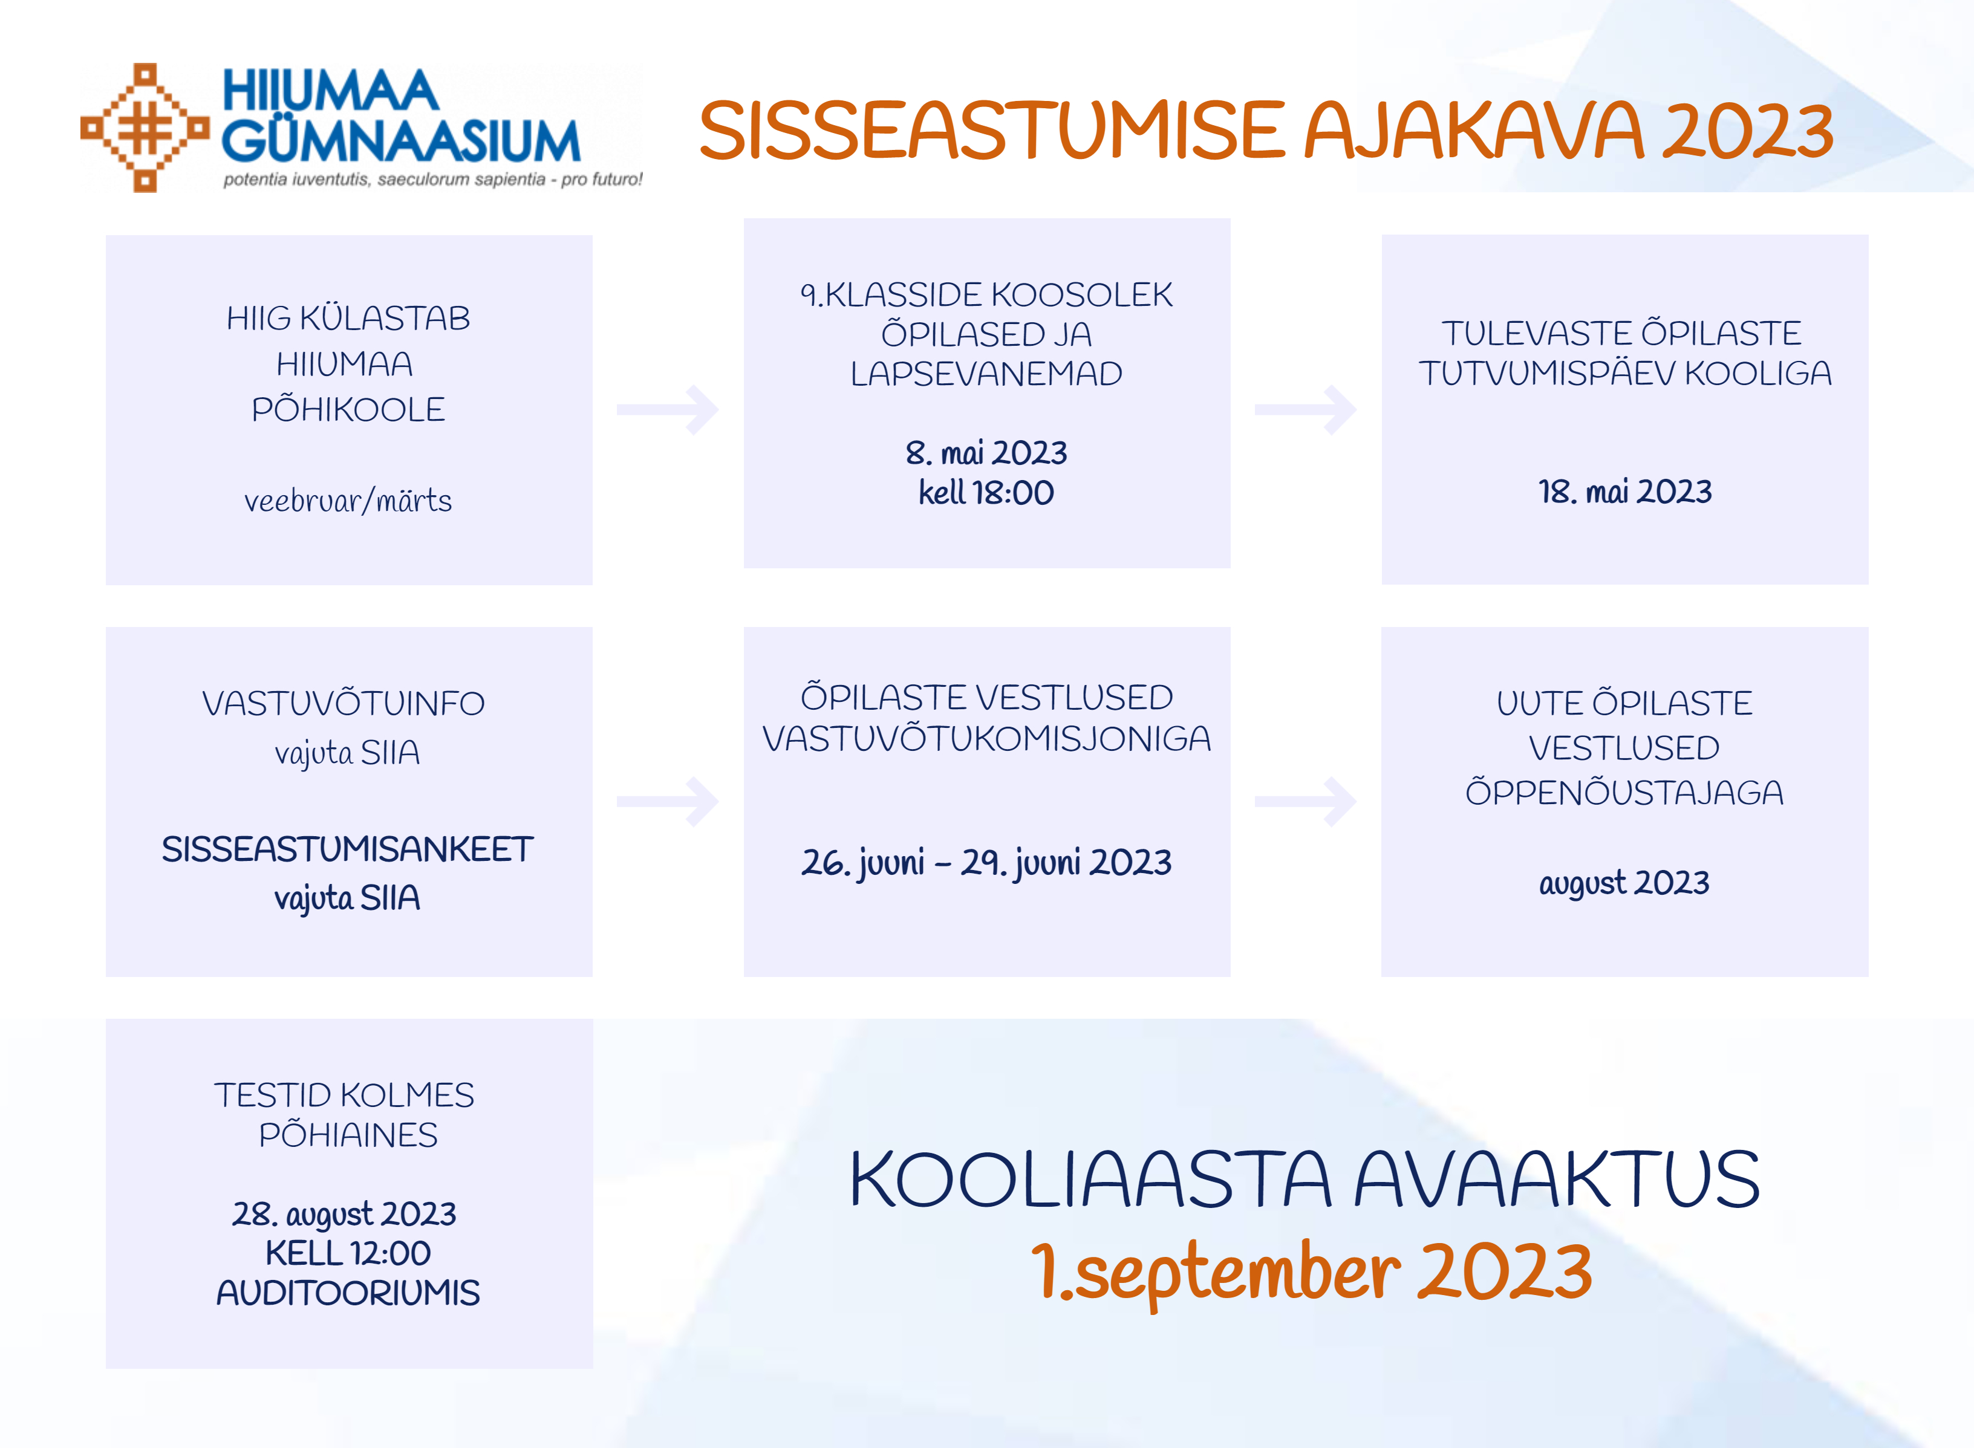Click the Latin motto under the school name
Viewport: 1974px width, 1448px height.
[433, 180]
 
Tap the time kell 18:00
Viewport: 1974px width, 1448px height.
[987, 493]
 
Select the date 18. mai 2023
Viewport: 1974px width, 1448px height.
[1625, 492]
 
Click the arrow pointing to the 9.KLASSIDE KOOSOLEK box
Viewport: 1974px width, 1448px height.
[668, 409]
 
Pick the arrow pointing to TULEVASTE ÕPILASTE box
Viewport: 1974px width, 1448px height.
[1306, 409]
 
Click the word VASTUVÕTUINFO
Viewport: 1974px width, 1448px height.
[344, 704]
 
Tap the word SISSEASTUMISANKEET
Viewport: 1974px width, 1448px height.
[348, 849]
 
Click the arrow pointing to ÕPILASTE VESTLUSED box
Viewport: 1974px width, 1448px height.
[668, 801]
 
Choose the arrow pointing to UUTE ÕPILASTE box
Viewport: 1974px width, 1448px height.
[1306, 801]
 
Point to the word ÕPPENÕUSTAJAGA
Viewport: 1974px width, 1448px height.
[1625, 793]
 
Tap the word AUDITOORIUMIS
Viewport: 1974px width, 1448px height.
[348, 1293]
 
